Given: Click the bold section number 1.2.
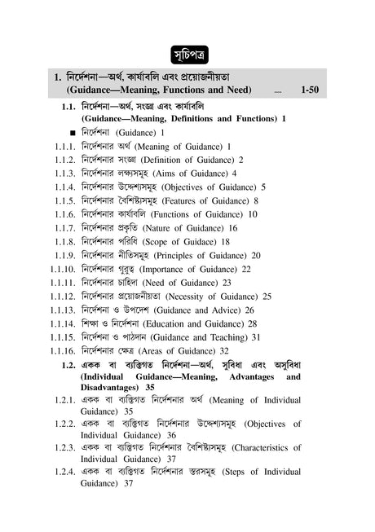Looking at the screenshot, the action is (x=68, y=365).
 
